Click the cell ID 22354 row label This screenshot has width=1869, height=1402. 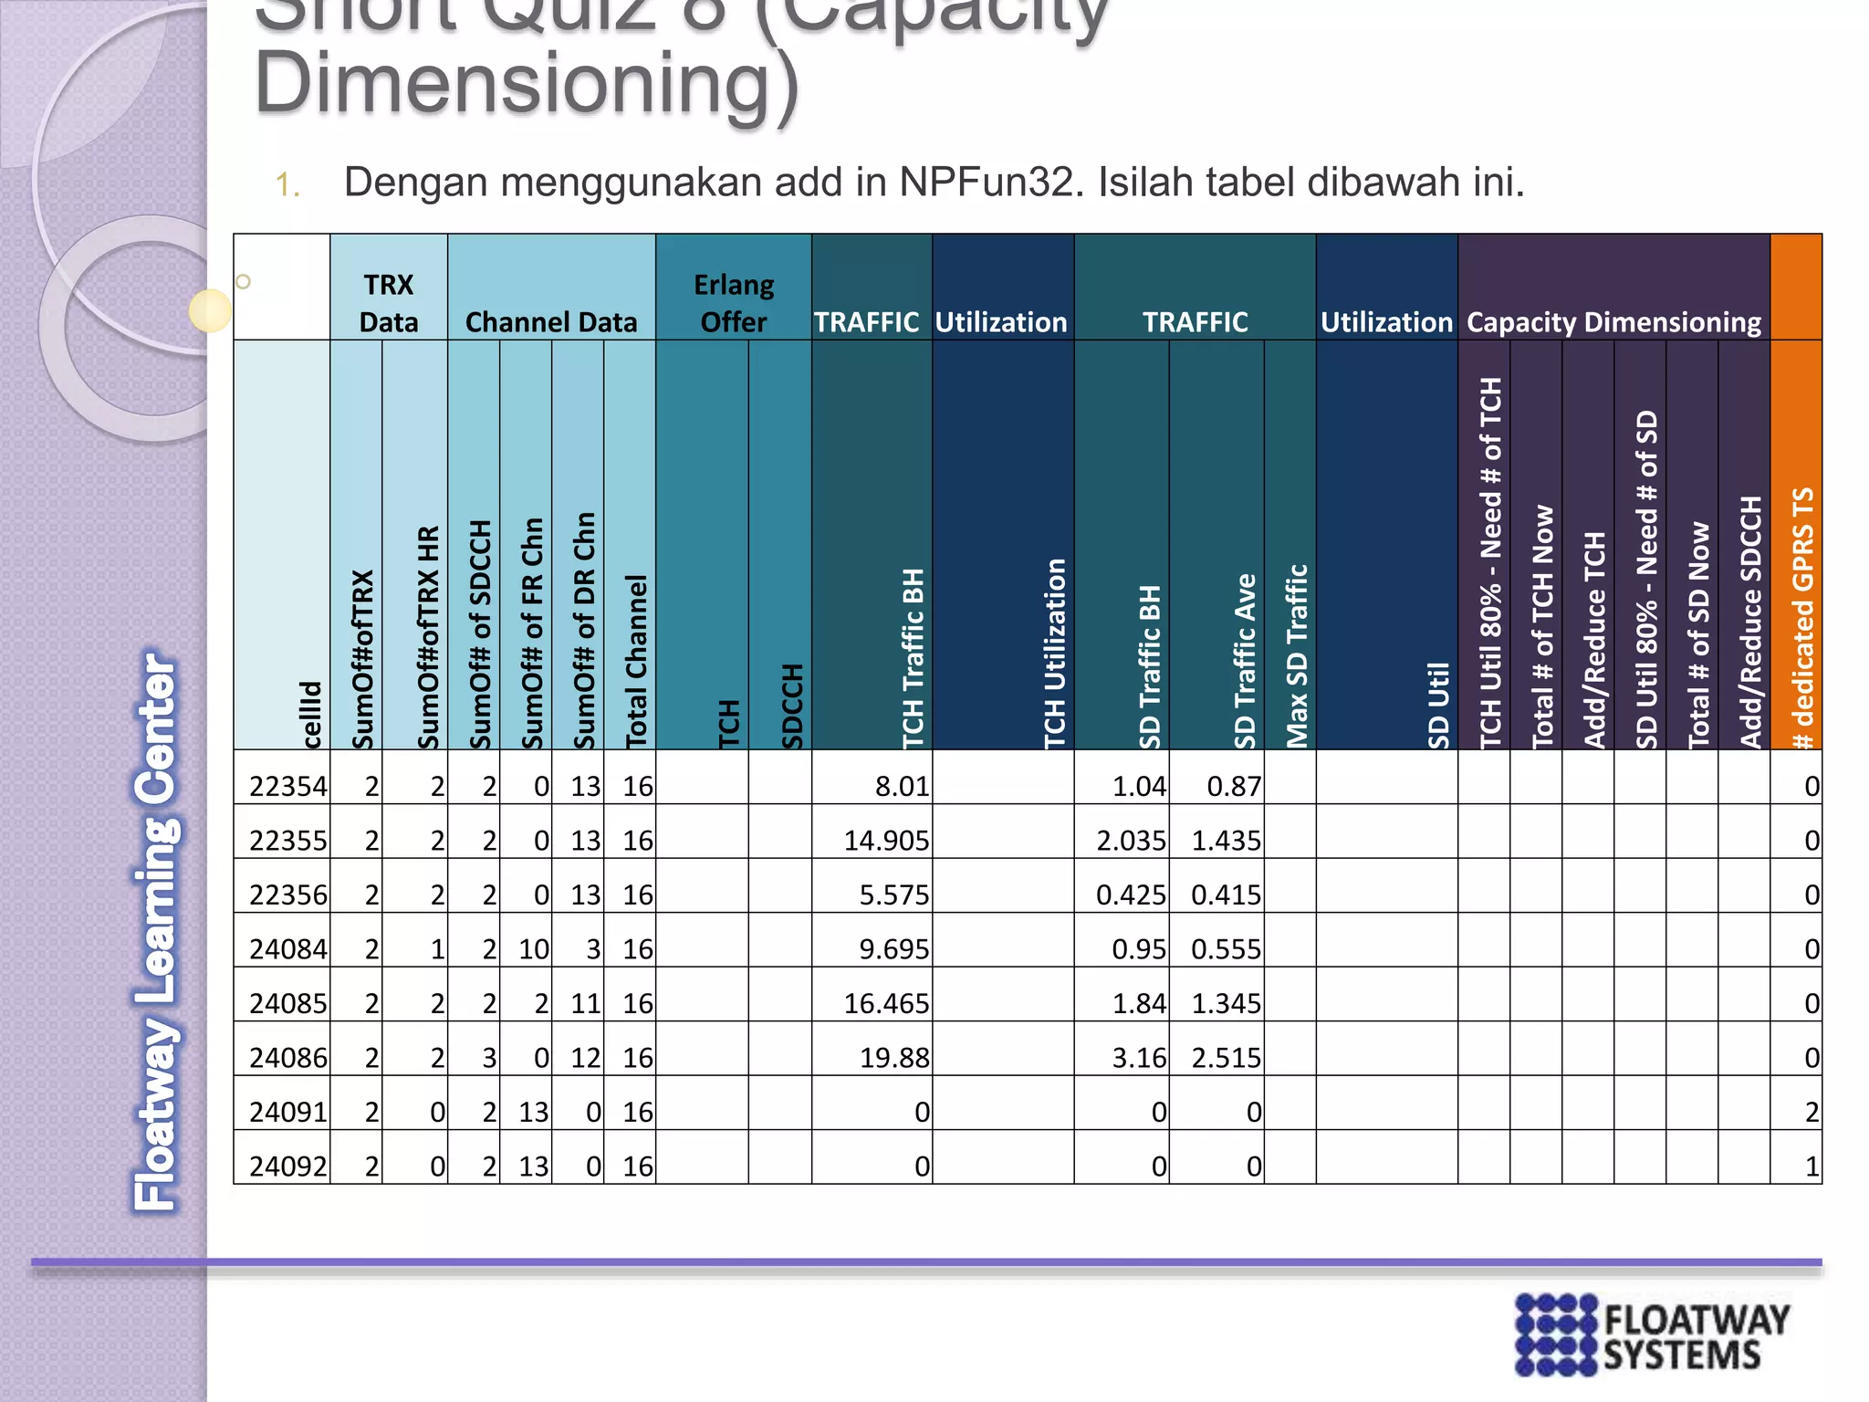pyautogui.click(x=287, y=786)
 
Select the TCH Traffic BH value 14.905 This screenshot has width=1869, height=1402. pyautogui.click(x=885, y=840)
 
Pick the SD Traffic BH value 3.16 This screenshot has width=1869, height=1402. pyautogui.click(x=1138, y=1058)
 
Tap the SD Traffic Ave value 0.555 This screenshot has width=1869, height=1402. pyautogui.click(x=1226, y=949)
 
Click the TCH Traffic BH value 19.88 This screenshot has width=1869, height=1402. pyautogui.click(x=893, y=1058)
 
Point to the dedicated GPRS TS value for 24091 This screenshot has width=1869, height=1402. pyautogui.click(x=1811, y=1112)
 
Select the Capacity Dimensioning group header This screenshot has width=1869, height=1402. pyautogui.click(x=1613, y=321)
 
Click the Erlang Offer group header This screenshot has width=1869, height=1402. pyautogui.click(x=734, y=303)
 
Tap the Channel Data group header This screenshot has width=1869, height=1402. pyautogui.click(x=551, y=321)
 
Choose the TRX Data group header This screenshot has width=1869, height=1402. pyautogui.click(x=389, y=303)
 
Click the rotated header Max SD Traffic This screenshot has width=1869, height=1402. pyautogui.click(x=1296, y=655)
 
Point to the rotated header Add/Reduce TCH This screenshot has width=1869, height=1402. pyautogui.click(x=1593, y=639)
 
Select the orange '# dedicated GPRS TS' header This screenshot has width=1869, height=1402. pyautogui.click(x=1801, y=618)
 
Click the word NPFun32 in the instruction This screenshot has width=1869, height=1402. pyautogui.click(x=991, y=182)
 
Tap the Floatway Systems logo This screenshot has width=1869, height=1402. pyautogui.click(x=1652, y=1334)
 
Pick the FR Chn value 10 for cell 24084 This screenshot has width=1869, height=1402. pyautogui.click(x=534, y=949)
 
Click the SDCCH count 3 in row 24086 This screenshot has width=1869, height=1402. pyautogui.click(x=489, y=1058)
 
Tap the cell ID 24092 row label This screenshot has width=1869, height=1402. pyautogui.click(x=287, y=1167)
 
